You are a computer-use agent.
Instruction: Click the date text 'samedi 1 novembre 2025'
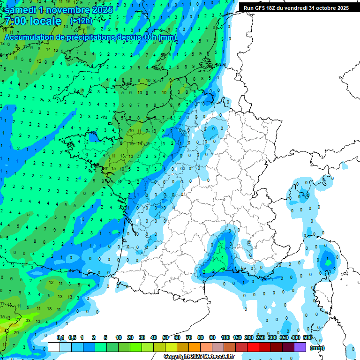pos(59,10)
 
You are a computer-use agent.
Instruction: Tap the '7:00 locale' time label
pos(32,21)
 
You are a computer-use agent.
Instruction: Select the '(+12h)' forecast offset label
pos(81,21)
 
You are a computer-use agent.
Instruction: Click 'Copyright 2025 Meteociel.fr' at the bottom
pos(199,357)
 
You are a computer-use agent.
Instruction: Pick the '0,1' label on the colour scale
pos(60,338)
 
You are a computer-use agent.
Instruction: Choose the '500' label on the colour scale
pos(307,338)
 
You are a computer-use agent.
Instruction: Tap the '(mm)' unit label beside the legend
pos(317,348)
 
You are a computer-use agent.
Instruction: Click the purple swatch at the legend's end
pos(300,347)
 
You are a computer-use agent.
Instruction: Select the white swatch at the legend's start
pos(54,347)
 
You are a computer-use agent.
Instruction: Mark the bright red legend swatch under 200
pos(254,347)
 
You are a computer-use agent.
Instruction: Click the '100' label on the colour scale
pos(225,338)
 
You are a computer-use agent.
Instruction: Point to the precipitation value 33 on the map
pos(29,321)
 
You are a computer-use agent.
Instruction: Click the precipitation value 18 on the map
pos(49,308)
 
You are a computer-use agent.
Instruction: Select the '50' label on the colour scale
pos(165,338)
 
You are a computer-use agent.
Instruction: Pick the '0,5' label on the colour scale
pos(72,338)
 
